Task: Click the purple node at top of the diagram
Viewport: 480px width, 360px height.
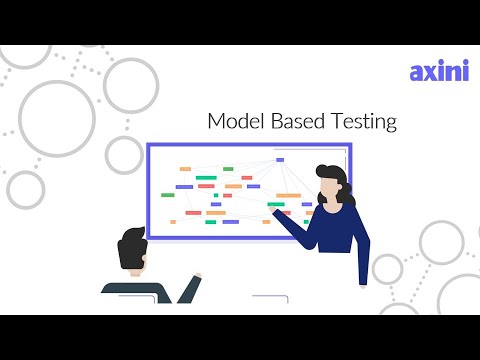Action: click(280, 159)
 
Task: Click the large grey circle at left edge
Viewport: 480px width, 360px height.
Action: click(55, 109)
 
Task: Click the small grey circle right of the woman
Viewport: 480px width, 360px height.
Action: click(388, 268)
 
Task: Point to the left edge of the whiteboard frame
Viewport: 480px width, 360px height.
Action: click(148, 190)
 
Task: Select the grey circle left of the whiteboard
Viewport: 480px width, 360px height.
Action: click(125, 155)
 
